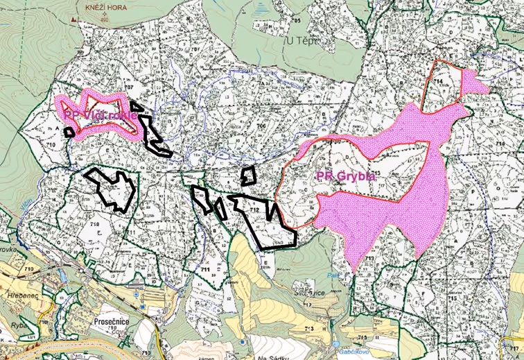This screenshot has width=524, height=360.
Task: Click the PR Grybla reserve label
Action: pyautogui.click(x=346, y=175)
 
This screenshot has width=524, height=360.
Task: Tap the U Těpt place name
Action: pyautogui.click(x=303, y=41)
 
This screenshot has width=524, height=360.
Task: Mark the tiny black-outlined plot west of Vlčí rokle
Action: pyautogui.click(x=69, y=131)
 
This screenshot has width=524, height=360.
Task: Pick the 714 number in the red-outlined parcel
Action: pyautogui.click(x=438, y=82)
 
